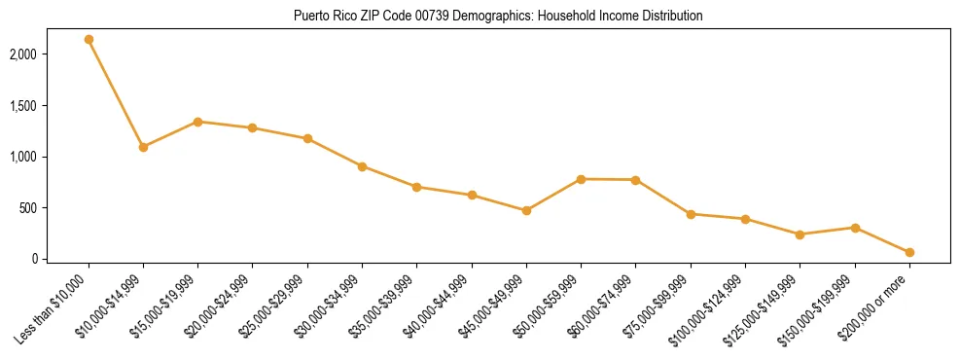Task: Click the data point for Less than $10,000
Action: [89, 40]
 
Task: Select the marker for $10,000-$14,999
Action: [143, 147]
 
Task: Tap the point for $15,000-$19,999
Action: [197, 122]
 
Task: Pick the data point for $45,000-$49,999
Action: [526, 210]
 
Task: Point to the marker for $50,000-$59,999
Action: [581, 179]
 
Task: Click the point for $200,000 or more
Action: [909, 252]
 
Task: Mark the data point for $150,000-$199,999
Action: [855, 228]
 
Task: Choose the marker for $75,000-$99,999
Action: [691, 214]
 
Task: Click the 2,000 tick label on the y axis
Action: [49, 54]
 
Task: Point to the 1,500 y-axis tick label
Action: [49, 106]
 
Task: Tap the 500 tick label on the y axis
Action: [54, 208]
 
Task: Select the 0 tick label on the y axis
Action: [60, 259]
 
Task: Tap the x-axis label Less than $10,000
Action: [54, 309]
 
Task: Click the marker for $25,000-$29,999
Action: [307, 138]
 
